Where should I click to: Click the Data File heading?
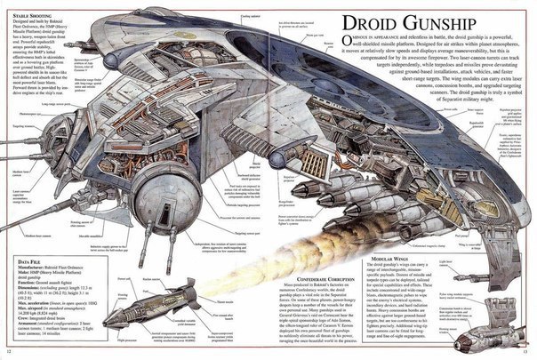tap(33, 260)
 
